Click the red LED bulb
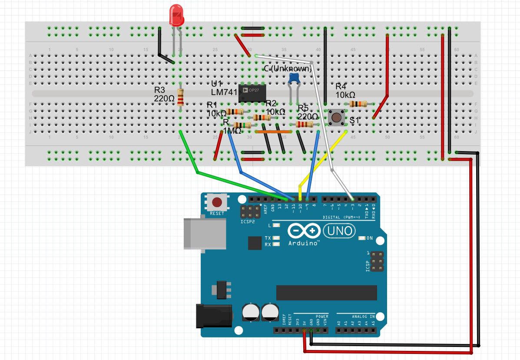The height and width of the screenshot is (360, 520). tap(176, 15)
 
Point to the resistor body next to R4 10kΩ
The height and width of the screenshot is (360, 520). tap(358, 104)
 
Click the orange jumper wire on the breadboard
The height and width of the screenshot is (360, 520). tap(273, 131)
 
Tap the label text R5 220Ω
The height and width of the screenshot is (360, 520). tap(308, 112)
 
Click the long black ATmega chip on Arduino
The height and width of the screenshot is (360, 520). tap(327, 293)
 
